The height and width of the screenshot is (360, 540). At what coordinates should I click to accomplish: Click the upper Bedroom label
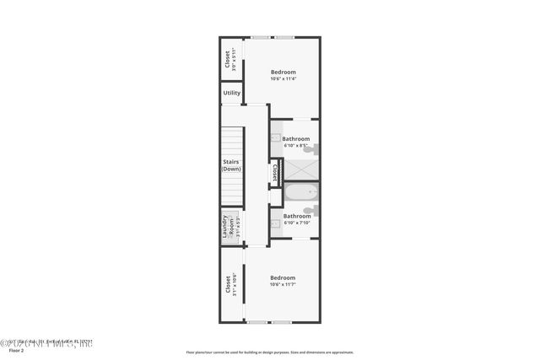pos(283,73)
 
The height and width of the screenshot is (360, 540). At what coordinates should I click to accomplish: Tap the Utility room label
pos(232,93)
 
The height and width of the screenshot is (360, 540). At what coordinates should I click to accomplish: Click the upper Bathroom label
pos(295,138)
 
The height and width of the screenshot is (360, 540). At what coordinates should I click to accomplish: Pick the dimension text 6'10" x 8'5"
pos(295,146)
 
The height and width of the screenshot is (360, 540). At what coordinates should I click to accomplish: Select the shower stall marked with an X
pos(301,169)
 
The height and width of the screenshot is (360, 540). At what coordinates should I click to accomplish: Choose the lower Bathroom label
pos(296,216)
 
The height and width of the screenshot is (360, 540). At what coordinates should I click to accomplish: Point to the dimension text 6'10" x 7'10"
pos(296,223)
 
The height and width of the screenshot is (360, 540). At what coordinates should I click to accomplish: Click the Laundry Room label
pos(226,228)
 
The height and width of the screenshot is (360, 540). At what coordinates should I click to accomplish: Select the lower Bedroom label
pos(283,277)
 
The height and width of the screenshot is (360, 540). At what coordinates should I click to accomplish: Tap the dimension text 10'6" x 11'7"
pos(283,285)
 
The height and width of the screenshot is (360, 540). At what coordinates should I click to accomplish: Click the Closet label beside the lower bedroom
pos(228,283)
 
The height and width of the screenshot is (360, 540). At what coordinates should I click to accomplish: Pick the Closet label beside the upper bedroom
pos(227,59)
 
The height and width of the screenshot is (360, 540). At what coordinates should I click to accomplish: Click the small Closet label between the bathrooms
pos(275,173)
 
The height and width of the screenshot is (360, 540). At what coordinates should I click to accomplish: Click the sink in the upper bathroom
pos(277,137)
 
